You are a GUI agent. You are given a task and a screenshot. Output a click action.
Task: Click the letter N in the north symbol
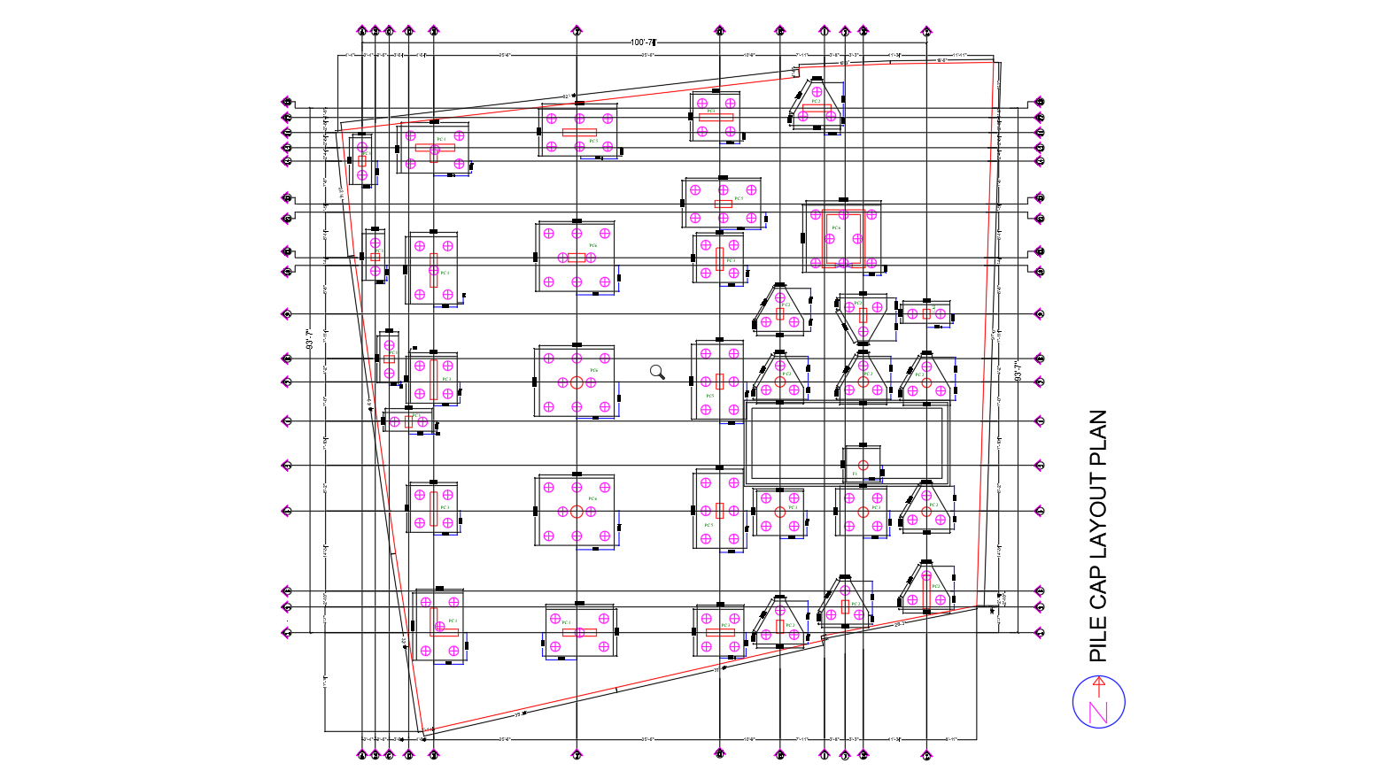point(1099,712)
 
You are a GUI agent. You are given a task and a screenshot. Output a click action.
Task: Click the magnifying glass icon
point(657,372)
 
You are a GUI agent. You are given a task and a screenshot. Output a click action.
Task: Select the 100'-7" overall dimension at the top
point(642,42)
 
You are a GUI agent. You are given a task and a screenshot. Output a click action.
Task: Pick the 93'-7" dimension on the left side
point(310,341)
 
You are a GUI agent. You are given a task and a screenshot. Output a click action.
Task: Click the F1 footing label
point(855,474)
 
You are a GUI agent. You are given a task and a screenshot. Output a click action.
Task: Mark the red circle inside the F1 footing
point(863,465)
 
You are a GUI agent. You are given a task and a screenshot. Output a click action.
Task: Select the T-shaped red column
point(434,149)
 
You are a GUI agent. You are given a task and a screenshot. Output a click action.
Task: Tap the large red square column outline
point(842,237)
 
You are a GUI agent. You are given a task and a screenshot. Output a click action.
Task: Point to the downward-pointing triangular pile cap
point(863,319)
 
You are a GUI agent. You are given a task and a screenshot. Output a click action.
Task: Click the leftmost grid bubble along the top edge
point(361,31)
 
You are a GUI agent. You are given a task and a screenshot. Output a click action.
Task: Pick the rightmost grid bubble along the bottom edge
point(926,755)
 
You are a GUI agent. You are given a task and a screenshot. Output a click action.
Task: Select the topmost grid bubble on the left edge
point(286,102)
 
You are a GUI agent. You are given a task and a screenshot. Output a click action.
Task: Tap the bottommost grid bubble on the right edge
point(1040,633)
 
